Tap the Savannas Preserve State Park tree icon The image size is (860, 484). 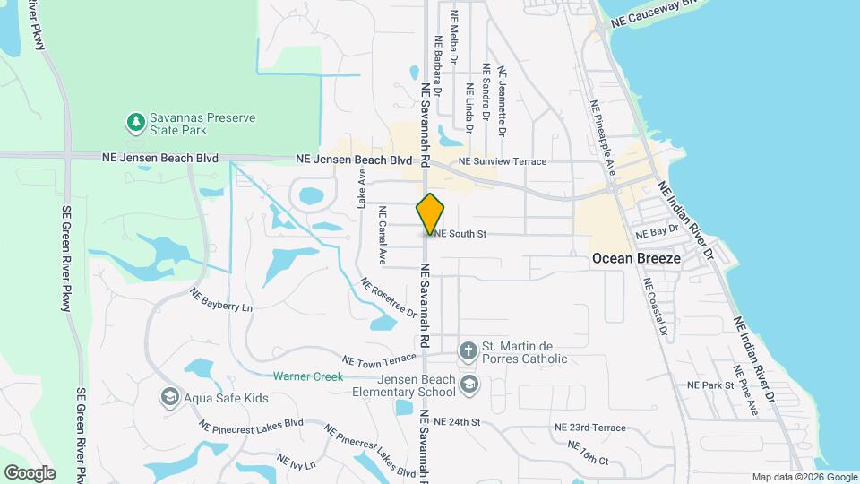(x=135, y=121)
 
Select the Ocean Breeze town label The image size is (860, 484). (x=636, y=258)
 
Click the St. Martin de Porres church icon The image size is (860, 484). (x=468, y=350)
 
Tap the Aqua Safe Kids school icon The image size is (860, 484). (x=169, y=396)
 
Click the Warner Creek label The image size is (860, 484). (x=308, y=376)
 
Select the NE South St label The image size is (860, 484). (x=460, y=235)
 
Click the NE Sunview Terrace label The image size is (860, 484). (x=502, y=161)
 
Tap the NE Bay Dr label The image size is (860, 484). (x=656, y=233)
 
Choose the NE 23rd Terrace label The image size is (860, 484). (x=590, y=428)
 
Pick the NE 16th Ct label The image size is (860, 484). (x=588, y=453)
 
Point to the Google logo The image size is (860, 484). (x=30, y=472)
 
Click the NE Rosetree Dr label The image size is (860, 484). (x=389, y=298)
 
